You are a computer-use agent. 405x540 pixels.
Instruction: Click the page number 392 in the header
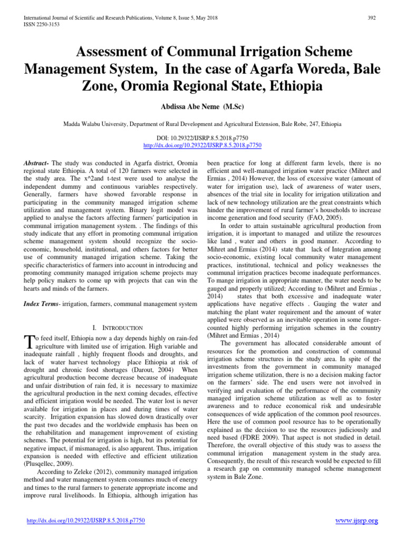371,18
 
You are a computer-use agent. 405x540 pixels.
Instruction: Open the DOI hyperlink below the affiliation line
202,144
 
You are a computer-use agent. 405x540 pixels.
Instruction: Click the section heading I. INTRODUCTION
114,327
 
